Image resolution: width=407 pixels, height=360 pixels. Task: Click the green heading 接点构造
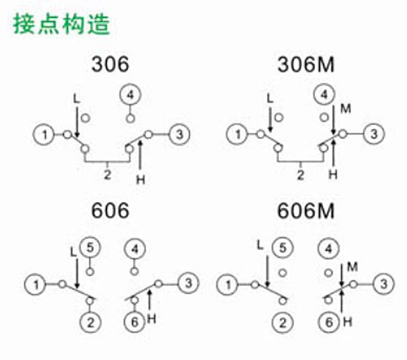(62, 24)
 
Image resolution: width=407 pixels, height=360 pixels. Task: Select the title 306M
(306, 65)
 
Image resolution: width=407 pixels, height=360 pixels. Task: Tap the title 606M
(306, 211)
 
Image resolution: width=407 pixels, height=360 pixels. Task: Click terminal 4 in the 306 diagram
(130, 95)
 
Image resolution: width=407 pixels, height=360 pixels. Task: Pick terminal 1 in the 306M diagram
(237, 134)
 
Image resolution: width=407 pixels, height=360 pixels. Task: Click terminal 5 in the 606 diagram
(90, 247)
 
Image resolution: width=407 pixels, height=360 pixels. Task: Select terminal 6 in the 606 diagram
(135, 322)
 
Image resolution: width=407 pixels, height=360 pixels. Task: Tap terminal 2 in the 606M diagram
(283, 323)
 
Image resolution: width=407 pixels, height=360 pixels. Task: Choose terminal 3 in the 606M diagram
(383, 284)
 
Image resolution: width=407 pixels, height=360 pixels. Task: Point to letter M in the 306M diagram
(346, 109)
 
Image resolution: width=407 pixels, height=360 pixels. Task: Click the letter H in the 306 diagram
(141, 179)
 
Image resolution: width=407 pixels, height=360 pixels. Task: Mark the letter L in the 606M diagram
(260, 245)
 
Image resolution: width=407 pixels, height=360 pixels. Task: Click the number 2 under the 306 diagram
(107, 174)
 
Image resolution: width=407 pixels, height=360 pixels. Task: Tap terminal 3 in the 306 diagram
(179, 134)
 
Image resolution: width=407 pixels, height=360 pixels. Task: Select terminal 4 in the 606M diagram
(329, 249)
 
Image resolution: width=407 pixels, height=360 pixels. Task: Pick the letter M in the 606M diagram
(352, 267)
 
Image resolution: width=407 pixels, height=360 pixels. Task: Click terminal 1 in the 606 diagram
(35, 284)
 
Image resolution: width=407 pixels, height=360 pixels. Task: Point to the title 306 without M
(110, 65)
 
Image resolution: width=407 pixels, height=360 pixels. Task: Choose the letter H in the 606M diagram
(348, 322)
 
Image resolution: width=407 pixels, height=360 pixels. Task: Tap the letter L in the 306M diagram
(270, 99)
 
